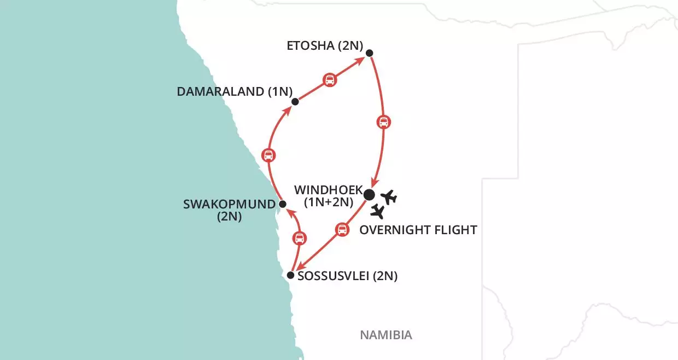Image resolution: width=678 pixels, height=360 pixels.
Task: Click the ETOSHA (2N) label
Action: tap(325, 46)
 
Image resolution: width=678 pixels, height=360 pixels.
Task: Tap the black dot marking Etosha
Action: tap(369, 53)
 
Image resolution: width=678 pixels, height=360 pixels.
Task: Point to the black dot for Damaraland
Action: tap(295, 101)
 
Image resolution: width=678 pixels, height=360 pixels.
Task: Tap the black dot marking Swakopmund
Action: tap(282, 204)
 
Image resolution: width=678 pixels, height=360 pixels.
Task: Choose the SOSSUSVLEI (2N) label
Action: tap(347, 276)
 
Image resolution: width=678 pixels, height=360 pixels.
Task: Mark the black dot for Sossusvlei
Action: tap(291, 275)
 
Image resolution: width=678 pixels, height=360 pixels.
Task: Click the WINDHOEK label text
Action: tap(328, 190)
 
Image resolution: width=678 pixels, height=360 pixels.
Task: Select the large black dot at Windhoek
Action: tap(369, 194)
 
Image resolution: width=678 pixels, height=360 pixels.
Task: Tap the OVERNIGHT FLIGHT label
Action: tap(418, 230)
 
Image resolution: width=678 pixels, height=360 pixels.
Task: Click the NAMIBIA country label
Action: tap(385, 335)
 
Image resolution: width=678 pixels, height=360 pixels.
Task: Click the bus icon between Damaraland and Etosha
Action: tap(330, 80)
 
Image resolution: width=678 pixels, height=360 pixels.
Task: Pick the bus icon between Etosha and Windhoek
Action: tap(384, 121)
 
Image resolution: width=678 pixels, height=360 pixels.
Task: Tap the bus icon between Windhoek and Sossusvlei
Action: tap(342, 229)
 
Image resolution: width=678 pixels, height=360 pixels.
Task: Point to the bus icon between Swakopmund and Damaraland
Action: tap(268, 155)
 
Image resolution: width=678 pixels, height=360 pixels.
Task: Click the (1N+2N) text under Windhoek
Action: tap(329, 204)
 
